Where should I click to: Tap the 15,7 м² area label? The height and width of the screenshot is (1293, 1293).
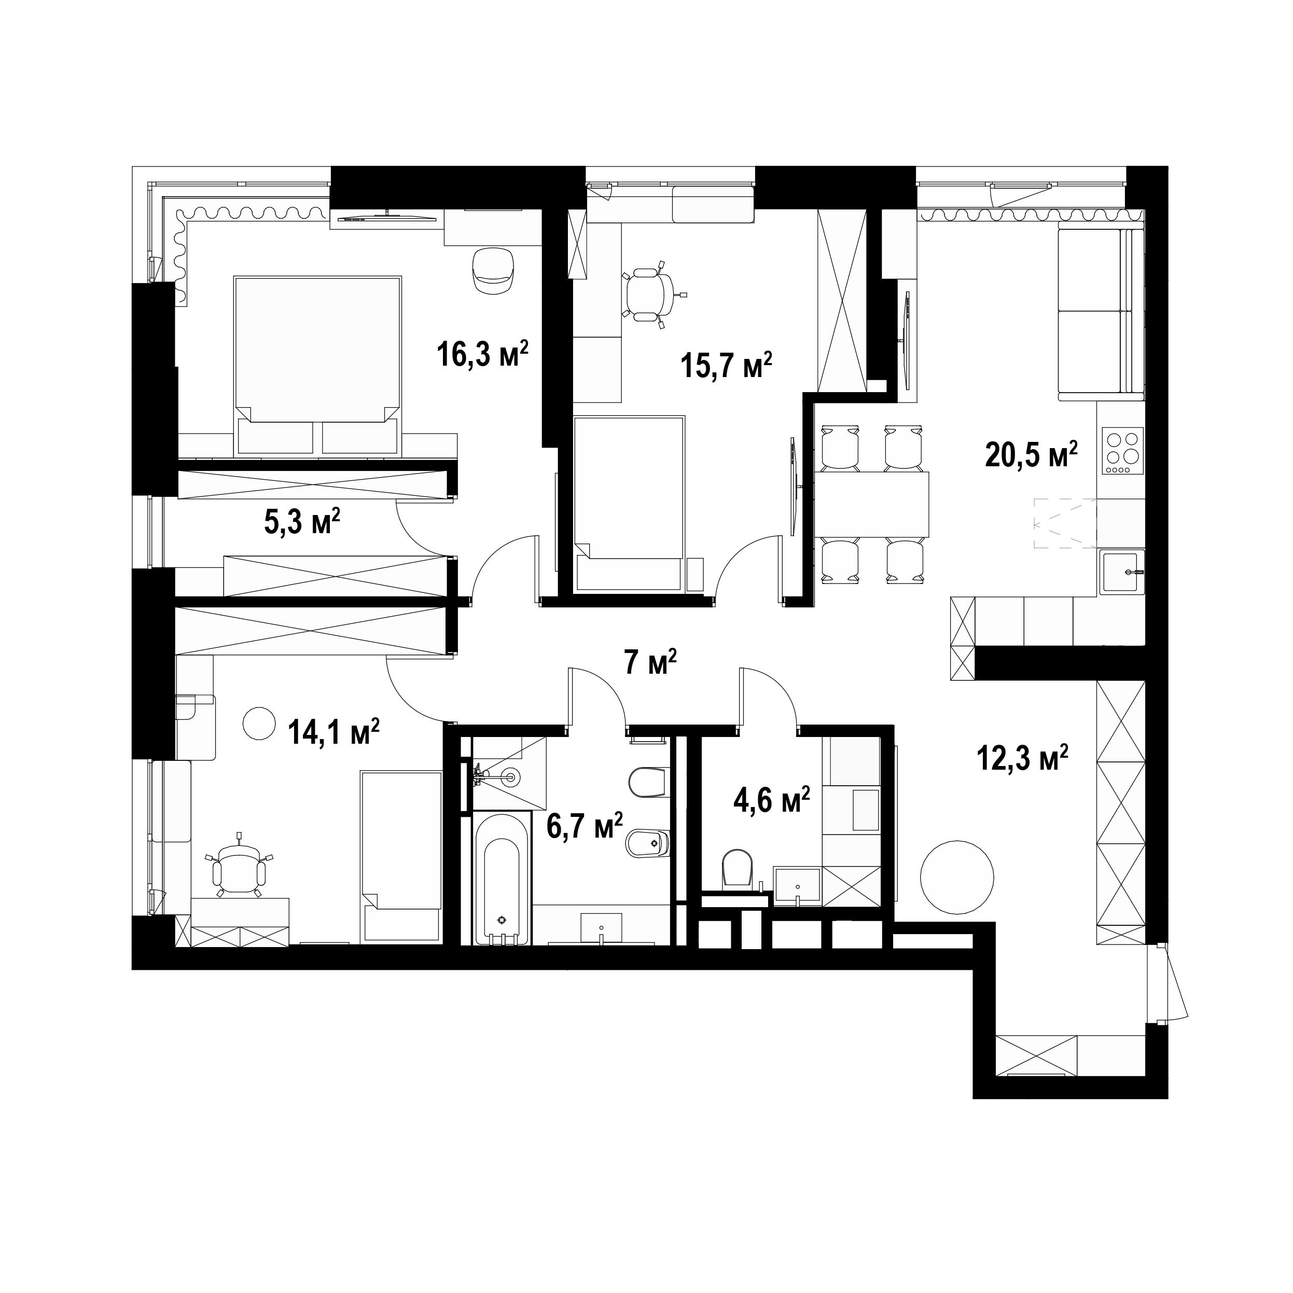[727, 366]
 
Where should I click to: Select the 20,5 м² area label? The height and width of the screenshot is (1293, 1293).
[1031, 454]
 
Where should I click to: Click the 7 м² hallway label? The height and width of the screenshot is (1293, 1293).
[650, 662]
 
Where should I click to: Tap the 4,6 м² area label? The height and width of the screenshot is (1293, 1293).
[772, 800]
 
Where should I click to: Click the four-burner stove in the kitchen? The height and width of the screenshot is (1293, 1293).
[1123, 453]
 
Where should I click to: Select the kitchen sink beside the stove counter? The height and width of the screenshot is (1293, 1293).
[1122, 572]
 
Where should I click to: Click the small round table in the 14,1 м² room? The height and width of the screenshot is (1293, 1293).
[258, 724]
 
